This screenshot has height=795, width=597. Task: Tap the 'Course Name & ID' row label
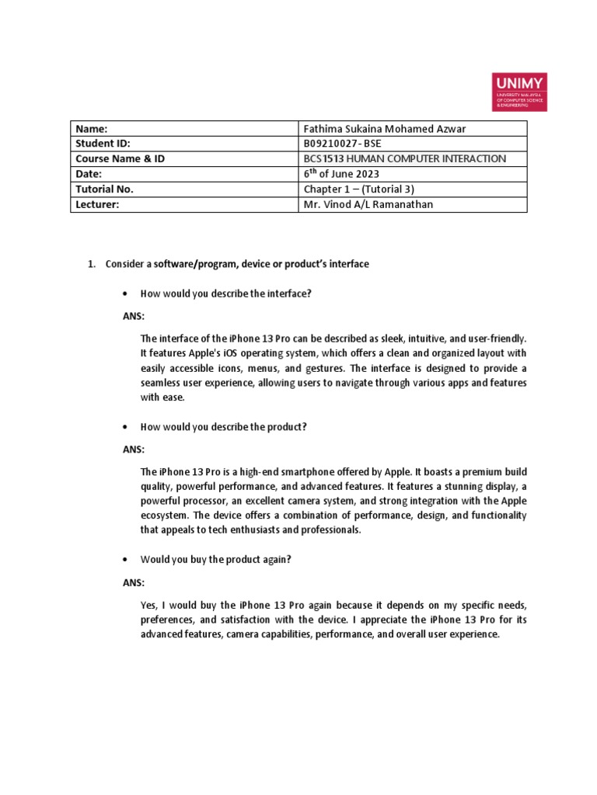coord(120,159)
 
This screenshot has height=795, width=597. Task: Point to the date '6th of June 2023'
coord(340,174)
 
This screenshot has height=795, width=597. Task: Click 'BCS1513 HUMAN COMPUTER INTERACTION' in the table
coord(404,159)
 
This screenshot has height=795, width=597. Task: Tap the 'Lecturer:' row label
coord(98,204)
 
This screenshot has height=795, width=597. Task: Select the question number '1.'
coord(92,265)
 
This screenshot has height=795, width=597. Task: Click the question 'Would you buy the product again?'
coord(215,560)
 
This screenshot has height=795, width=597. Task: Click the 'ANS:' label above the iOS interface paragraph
coord(134,317)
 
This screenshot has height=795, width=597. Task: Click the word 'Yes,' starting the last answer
coord(149,605)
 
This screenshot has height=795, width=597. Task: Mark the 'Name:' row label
coord(91,129)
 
